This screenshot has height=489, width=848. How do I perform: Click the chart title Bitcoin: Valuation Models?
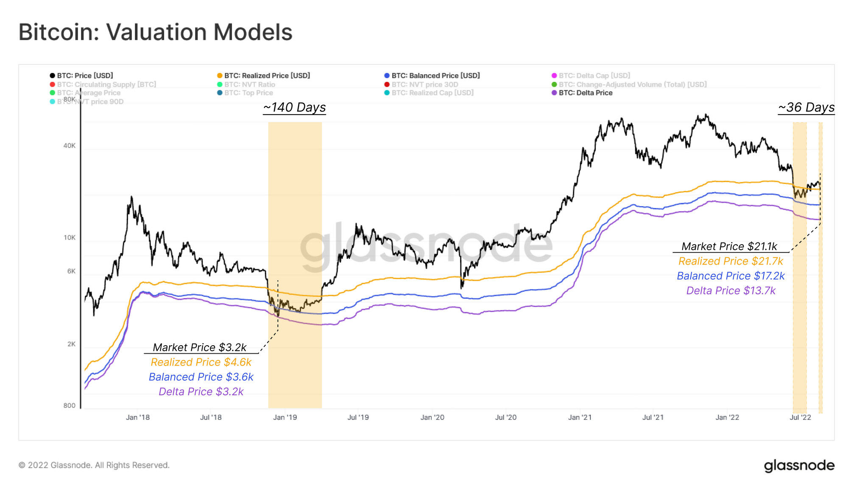click(155, 32)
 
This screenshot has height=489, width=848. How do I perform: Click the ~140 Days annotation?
click(294, 107)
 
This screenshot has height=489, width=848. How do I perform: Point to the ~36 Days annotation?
click(806, 107)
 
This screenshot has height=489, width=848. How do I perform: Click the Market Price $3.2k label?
click(199, 347)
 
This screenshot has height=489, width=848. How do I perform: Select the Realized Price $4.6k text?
click(201, 362)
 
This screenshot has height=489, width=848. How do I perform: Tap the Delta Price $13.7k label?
click(731, 291)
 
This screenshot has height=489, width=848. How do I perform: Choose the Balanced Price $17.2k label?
click(731, 276)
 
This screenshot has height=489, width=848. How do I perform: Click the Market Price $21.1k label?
click(729, 246)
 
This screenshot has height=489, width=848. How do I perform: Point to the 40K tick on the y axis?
click(70, 146)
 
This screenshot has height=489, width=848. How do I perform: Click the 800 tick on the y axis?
click(70, 405)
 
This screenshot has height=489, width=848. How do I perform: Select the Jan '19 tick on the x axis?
click(285, 417)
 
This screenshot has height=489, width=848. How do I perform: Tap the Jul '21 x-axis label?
click(653, 417)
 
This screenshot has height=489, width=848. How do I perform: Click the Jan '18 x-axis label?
click(138, 417)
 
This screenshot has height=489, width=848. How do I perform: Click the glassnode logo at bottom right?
click(799, 465)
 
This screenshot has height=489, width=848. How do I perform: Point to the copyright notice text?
click(94, 465)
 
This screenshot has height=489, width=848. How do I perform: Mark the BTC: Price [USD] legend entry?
click(85, 75)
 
